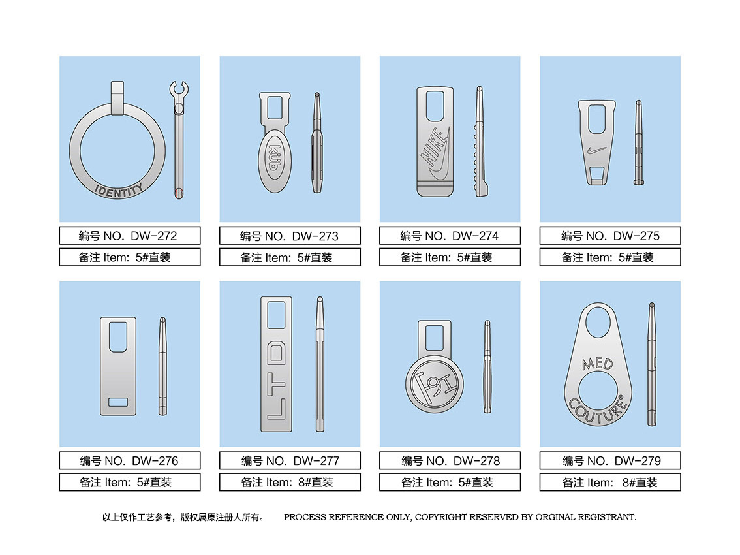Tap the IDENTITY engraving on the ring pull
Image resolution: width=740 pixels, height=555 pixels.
pyautogui.click(x=119, y=190)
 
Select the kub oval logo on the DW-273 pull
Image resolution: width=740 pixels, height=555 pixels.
pyautogui.click(x=274, y=161)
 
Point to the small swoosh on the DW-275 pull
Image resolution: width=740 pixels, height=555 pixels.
pyautogui.click(x=596, y=151)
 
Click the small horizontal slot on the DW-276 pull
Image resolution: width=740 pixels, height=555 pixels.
pyautogui.click(x=118, y=402)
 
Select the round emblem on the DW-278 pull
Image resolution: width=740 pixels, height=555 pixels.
pyautogui.click(x=434, y=383)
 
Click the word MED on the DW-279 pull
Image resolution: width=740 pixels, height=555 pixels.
pyautogui.click(x=598, y=363)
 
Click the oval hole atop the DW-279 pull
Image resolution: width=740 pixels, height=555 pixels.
pyautogui.click(x=598, y=322)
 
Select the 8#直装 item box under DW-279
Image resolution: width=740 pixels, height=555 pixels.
pyautogui.click(x=610, y=483)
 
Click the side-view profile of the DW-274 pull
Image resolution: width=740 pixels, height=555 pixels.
pyautogui.click(x=480, y=141)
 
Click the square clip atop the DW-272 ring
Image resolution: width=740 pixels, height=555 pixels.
pyautogui.click(x=117, y=98)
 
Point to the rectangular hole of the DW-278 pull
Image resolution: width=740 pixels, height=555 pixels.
pyautogui.click(x=434, y=338)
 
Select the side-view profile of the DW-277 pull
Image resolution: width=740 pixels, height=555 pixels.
pyautogui.click(x=320, y=364)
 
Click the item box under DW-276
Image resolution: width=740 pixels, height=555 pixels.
pyautogui.click(x=130, y=483)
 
